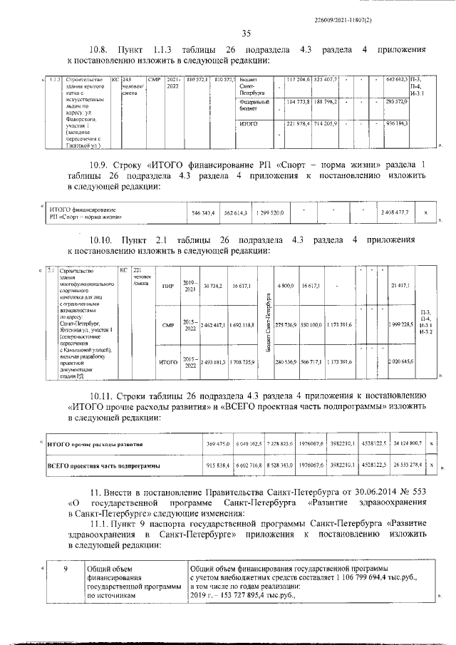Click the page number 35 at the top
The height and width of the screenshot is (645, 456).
[x=247, y=33]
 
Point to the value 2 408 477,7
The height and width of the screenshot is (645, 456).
[x=395, y=212]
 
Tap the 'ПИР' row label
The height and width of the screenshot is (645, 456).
[x=168, y=286]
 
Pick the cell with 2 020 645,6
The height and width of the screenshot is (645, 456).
[x=401, y=362]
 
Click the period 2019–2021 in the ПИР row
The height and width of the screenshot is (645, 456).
[x=188, y=285]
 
